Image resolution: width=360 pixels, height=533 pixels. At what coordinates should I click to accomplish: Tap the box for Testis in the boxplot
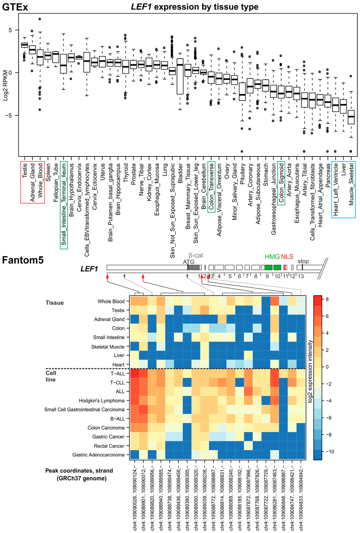(25, 45)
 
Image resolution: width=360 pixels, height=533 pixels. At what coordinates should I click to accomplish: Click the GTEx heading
(15, 7)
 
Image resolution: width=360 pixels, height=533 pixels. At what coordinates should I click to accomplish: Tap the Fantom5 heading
(23, 260)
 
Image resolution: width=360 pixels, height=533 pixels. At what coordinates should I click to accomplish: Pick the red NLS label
(287, 257)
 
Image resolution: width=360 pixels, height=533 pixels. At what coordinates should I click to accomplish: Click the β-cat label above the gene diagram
(196, 255)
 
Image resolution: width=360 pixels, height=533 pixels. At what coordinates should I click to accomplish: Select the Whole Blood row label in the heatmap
(111, 302)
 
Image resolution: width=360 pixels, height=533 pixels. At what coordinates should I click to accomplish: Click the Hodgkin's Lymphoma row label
(102, 401)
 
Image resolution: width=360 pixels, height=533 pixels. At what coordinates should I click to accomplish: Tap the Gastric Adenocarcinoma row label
(98, 455)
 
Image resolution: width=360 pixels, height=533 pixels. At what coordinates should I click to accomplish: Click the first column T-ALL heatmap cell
(134, 374)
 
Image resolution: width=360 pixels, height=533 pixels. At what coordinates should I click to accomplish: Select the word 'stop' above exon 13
(303, 261)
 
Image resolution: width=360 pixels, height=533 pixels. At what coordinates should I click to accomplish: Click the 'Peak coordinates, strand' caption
(79, 471)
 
